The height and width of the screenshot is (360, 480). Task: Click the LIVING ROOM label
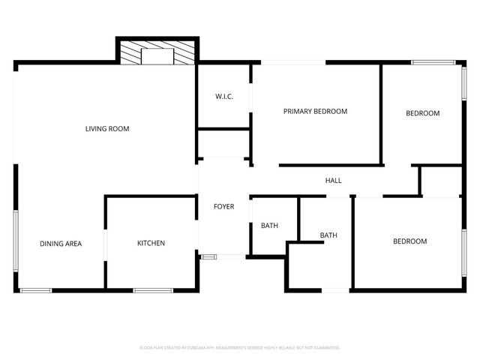(107, 129)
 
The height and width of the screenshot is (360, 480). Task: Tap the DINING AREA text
(61, 243)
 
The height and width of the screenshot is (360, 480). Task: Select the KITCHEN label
(151, 243)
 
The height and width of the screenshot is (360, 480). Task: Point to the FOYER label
(223, 206)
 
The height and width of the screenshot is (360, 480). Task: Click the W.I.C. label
(223, 97)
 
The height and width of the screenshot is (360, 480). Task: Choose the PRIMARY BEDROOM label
(315, 112)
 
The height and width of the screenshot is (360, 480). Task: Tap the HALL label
(333, 181)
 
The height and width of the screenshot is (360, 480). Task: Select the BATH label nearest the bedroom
(328, 235)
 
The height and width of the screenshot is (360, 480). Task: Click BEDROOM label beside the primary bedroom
(422, 113)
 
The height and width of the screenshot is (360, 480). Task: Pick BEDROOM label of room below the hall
(410, 241)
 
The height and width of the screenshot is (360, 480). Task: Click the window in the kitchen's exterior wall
(153, 289)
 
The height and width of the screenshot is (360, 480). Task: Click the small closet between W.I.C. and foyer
(223, 143)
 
